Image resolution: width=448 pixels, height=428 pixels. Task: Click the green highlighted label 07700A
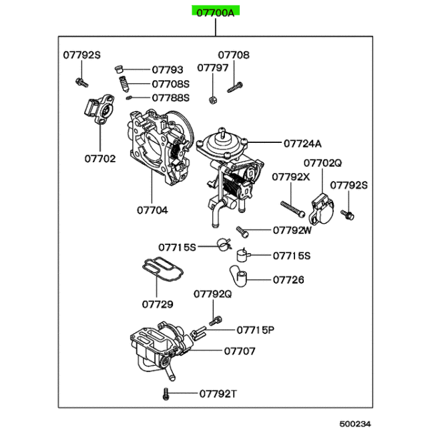tap(216, 13)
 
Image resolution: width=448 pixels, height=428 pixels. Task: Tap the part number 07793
tap(168, 69)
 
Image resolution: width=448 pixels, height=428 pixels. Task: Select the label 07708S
tap(170, 84)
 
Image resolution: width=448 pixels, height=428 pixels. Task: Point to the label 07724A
tap(302, 144)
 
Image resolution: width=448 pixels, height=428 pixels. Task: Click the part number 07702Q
tap(322, 163)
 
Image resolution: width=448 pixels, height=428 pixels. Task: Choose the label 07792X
tap(291, 177)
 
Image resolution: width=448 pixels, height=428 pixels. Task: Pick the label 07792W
tap(292, 230)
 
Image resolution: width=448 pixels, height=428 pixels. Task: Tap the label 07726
tap(288, 280)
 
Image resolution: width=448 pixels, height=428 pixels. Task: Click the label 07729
tap(158, 304)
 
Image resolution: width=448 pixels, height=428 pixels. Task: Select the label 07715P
tap(256, 330)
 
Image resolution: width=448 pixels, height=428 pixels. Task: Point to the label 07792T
tap(218, 394)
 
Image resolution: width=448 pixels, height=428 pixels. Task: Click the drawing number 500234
tap(355, 423)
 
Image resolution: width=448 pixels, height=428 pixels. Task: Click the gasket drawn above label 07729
tap(163, 268)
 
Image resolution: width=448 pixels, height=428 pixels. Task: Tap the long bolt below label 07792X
tap(293, 209)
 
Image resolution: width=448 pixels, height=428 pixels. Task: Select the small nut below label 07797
tap(213, 99)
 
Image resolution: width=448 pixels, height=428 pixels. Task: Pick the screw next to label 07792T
tap(166, 394)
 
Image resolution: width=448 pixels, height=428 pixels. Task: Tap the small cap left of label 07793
tap(118, 69)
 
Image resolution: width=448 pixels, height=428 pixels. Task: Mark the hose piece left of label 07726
tap(238, 276)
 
